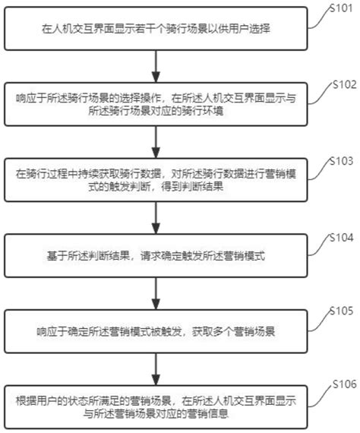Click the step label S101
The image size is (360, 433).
coord(342,8)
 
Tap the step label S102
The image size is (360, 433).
coord(345,84)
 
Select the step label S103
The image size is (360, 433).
coord(342,161)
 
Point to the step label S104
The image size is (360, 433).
coord(342,237)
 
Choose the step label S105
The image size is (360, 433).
coord(342,311)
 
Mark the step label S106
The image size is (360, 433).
coord(345,384)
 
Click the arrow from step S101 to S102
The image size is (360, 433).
coord(156,66)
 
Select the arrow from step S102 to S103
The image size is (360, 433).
coord(156,142)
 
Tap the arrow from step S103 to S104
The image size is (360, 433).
coord(156,218)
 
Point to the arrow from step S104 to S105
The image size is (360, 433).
coord(156,293)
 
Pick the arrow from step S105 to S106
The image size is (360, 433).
coord(156,369)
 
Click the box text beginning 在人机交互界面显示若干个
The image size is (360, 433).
coord(156,29)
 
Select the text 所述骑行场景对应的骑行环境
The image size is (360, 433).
coord(156,111)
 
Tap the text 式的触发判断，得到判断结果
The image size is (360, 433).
coord(156,187)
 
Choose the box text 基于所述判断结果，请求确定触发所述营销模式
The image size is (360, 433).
coord(156,256)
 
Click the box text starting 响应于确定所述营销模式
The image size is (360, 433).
coord(156,332)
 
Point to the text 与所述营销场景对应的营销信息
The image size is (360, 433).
coord(156,414)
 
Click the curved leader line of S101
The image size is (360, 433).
coord(319,18)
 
